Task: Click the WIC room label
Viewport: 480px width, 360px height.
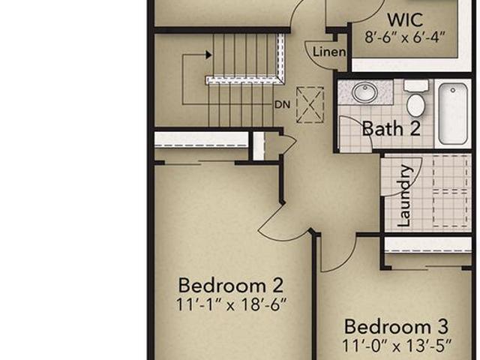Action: click(405, 20)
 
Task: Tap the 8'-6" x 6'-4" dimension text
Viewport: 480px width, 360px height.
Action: click(405, 37)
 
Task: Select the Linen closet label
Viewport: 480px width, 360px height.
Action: click(329, 52)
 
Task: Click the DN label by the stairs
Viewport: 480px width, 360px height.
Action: click(282, 105)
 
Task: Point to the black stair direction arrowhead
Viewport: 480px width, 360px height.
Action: click(208, 55)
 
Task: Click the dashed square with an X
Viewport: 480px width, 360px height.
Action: click(310, 105)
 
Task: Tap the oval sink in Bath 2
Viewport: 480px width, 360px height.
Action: click(364, 91)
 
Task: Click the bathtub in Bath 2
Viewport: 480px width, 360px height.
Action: click(453, 113)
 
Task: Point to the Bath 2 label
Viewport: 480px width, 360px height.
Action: click(391, 128)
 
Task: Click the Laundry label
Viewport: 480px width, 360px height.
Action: click(405, 196)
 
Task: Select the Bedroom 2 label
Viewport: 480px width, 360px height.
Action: click(231, 285)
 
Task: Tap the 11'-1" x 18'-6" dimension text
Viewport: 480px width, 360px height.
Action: click(232, 304)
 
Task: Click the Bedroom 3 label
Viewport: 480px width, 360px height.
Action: click(397, 327)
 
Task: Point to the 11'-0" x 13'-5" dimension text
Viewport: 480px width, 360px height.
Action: click(397, 346)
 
